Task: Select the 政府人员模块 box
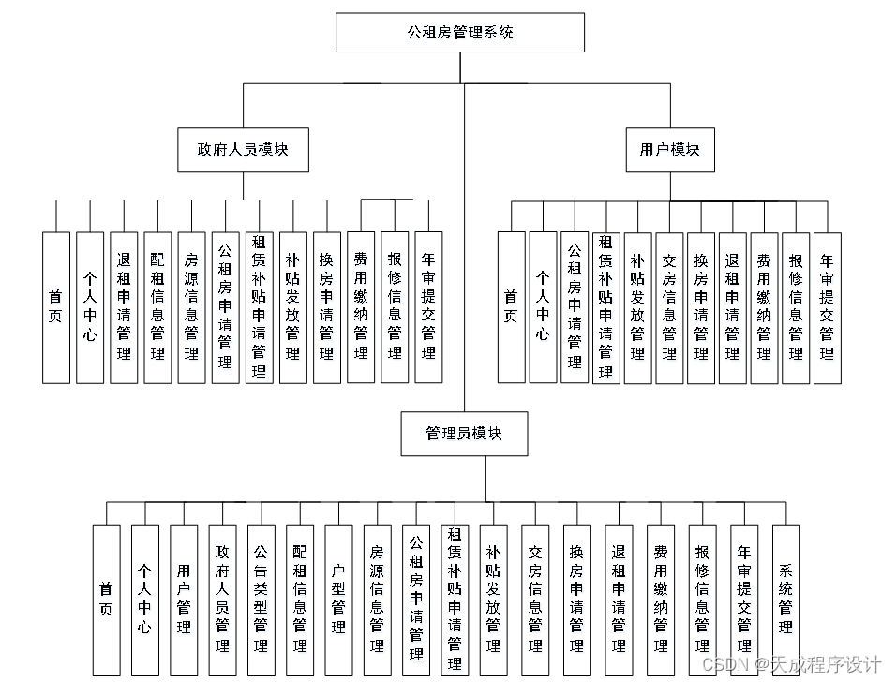243,150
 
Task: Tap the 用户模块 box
669,150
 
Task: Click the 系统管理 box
785,600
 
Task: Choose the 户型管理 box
338,600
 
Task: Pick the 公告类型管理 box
261,600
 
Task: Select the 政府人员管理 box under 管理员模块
222,600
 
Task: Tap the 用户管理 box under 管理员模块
184,600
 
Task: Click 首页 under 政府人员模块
56,307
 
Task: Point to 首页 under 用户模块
511,307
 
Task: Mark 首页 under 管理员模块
107,600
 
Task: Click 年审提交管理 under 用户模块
827,307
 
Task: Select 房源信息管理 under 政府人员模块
191,307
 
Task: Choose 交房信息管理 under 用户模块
669,307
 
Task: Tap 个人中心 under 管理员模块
144,600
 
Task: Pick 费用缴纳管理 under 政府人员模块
361,307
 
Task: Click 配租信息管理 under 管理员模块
300,600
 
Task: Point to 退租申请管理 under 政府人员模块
124,307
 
